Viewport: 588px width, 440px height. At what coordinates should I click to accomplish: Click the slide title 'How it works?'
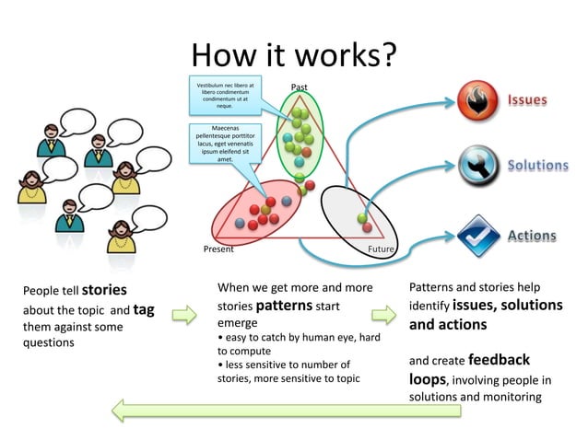coord(293,55)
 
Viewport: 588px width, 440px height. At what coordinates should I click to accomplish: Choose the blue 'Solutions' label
coord(537,166)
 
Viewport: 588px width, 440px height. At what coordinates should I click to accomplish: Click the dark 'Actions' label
coord(532,236)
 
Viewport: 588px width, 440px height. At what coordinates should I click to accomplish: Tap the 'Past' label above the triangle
coord(300,87)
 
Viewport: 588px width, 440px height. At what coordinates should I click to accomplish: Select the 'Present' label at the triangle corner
coord(218,249)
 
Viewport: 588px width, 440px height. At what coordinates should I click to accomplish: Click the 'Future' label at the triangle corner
coord(382,249)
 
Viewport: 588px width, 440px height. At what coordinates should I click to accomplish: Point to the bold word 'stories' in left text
coord(104,290)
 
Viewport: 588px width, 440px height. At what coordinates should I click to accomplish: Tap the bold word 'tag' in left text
coord(144,309)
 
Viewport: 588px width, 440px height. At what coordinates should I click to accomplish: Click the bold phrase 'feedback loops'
coord(467,368)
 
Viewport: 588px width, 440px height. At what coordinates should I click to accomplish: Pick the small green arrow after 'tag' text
coord(184,315)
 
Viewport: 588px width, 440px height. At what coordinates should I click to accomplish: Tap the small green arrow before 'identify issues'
coord(391,315)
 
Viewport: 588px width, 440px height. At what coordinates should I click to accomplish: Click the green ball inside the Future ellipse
coord(362,218)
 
